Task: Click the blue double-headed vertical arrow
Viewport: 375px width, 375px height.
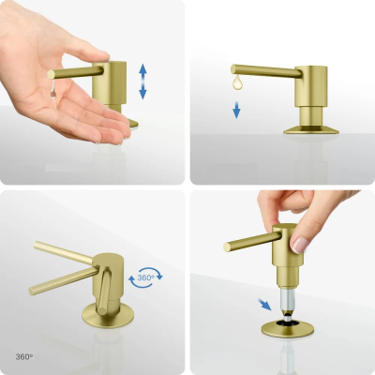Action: pyautogui.click(x=142, y=82)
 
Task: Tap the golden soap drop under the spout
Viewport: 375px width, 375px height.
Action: pyautogui.click(x=237, y=82)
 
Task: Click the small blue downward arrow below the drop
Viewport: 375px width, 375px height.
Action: pyautogui.click(x=236, y=110)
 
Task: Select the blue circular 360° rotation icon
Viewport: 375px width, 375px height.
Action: pyautogui.click(x=145, y=277)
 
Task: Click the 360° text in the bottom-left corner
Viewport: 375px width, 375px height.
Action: pyautogui.click(x=24, y=356)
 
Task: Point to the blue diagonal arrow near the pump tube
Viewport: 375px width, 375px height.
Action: pyautogui.click(x=264, y=305)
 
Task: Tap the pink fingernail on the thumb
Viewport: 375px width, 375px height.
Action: pyautogui.click(x=299, y=246)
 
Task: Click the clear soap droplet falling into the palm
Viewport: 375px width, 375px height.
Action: pyautogui.click(x=53, y=91)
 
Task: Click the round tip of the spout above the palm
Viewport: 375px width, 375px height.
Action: pyautogui.click(x=51, y=75)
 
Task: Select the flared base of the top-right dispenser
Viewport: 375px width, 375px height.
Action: pyautogui.click(x=311, y=129)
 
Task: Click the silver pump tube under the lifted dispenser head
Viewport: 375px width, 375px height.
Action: pyautogui.click(x=287, y=298)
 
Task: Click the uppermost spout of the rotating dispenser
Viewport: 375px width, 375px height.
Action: pyautogui.click(x=64, y=252)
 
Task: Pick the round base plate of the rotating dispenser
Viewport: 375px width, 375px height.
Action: pyautogui.click(x=108, y=315)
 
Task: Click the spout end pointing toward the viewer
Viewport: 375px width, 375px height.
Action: pyautogui.click(x=102, y=310)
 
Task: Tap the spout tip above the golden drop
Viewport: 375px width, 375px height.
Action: pyautogui.click(x=233, y=69)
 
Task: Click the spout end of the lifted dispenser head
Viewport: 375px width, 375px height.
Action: pyautogui.click(x=227, y=247)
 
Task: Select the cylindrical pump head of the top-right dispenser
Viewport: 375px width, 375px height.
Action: pyautogui.click(x=311, y=86)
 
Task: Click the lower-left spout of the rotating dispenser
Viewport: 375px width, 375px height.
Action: pyautogui.click(x=64, y=280)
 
